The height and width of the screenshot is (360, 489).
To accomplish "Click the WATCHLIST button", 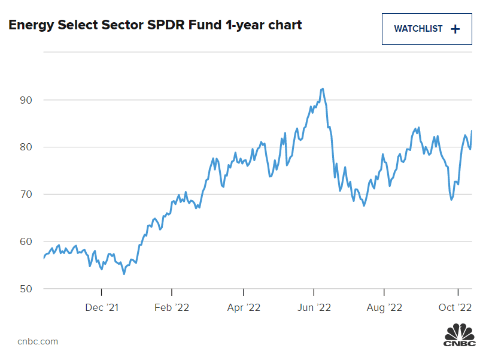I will point(427,29).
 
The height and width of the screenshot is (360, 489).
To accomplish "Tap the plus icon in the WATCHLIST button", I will point(455,29).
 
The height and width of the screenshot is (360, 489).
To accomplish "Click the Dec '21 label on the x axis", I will point(102,308).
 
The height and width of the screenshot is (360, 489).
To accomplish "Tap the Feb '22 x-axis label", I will point(172,308).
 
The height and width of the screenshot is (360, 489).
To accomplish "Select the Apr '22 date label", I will point(244,308).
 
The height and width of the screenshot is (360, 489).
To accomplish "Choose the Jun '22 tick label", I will point(314,308).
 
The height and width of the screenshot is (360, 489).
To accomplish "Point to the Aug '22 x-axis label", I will point(384,308).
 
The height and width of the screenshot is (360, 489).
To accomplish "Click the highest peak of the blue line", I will point(323,89).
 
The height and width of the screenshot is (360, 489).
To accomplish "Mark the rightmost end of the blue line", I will point(472,131).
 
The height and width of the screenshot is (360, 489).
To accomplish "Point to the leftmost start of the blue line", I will point(44,258).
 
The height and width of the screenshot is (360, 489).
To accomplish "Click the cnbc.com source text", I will point(38,341).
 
